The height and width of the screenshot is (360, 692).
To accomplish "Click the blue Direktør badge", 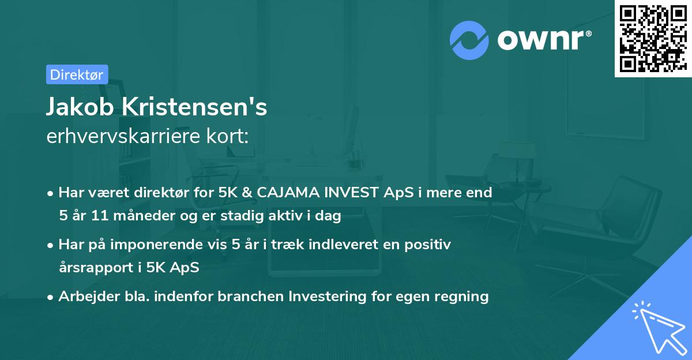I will (x=77, y=74).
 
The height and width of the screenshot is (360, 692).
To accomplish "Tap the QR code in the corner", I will (x=653, y=38).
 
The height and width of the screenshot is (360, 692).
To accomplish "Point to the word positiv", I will (x=430, y=245).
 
